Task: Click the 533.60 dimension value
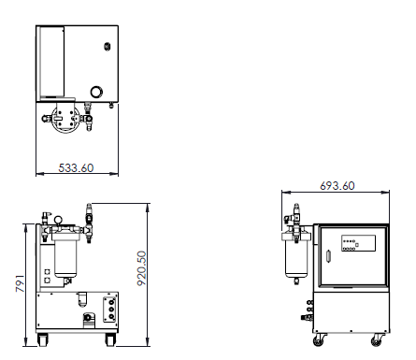click(x=76, y=168)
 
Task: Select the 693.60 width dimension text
click(x=337, y=186)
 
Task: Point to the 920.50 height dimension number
click(x=142, y=268)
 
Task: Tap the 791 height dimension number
click(x=20, y=283)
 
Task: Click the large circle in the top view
click(x=97, y=92)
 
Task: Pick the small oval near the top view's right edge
click(x=108, y=47)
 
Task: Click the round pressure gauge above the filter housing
click(x=58, y=220)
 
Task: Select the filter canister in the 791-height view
click(x=65, y=257)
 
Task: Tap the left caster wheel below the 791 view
click(x=43, y=339)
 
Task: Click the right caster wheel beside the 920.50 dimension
click(x=110, y=339)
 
